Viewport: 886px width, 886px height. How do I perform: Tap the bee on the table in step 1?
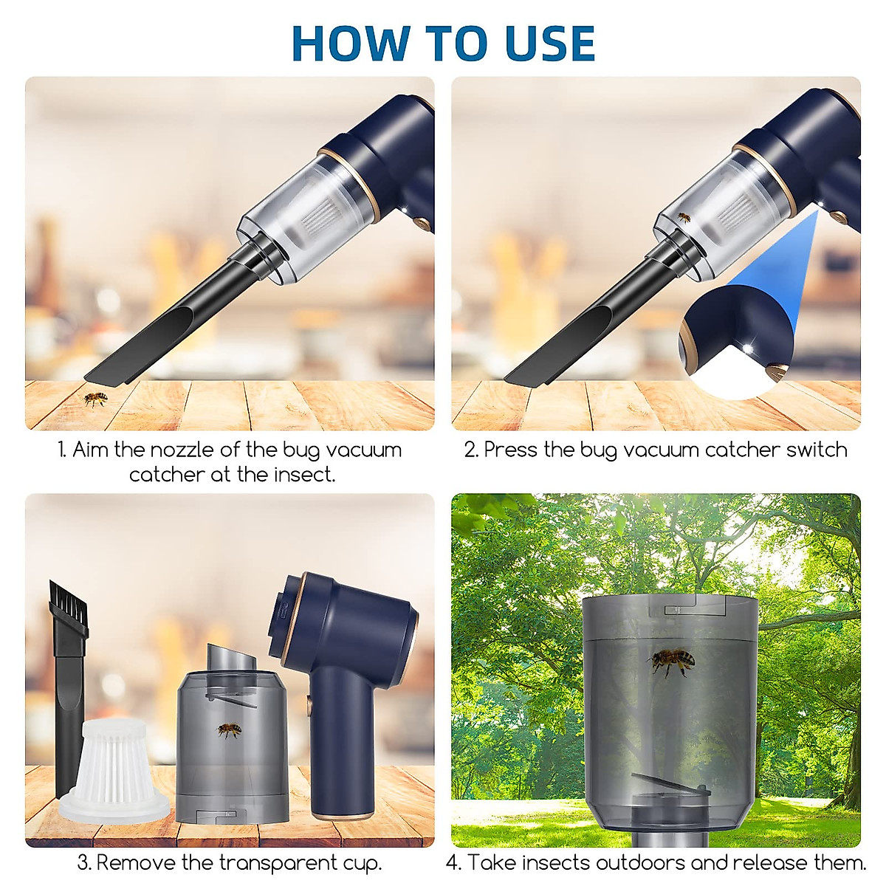[95, 399]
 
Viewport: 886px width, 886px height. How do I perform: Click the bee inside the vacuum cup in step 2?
[684, 218]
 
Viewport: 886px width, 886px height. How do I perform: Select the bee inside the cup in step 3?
[229, 730]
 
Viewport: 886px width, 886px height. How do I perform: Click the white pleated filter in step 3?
[114, 768]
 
